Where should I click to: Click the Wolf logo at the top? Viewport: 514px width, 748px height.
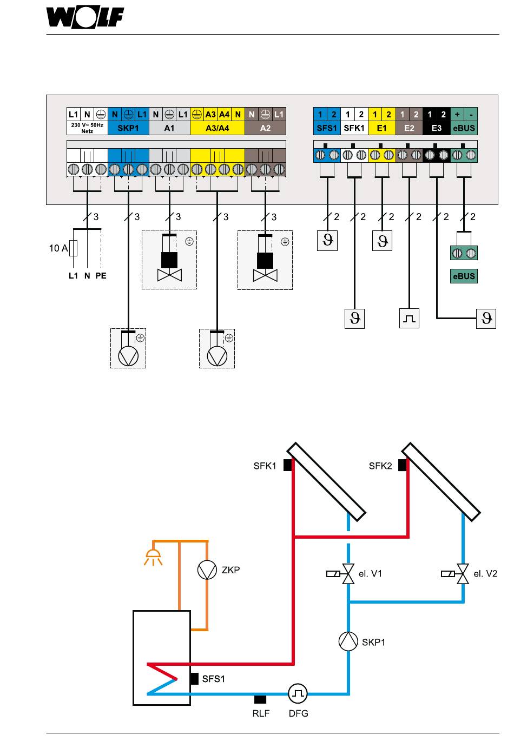click(x=85, y=17)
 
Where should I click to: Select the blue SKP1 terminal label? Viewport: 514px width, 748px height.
click(x=128, y=128)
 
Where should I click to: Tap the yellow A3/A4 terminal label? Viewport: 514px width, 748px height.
click(x=218, y=128)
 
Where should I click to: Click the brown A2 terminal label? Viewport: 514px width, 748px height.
click(x=265, y=128)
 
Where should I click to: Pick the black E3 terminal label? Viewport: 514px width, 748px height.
click(x=437, y=128)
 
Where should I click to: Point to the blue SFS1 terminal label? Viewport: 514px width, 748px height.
click(x=327, y=128)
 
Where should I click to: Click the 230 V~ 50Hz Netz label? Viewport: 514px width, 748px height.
click(x=87, y=128)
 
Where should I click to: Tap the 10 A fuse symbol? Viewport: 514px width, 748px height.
click(x=73, y=248)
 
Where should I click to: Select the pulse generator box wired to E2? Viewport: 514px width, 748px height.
click(x=409, y=318)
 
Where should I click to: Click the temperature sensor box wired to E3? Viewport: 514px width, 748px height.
click(x=486, y=319)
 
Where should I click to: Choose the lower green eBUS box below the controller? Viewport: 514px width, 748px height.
click(x=464, y=276)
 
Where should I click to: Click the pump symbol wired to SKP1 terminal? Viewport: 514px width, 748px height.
click(x=128, y=356)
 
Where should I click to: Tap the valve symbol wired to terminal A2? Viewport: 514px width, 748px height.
click(x=265, y=275)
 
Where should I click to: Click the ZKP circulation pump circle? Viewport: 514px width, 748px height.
click(x=207, y=570)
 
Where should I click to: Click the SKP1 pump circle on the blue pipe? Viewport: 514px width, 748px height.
click(x=348, y=641)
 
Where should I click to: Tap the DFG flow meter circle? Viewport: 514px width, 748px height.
click(x=298, y=693)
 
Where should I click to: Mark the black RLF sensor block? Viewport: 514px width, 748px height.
click(x=260, y=699)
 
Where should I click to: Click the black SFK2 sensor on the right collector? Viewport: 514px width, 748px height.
click(x=402, y=465)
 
